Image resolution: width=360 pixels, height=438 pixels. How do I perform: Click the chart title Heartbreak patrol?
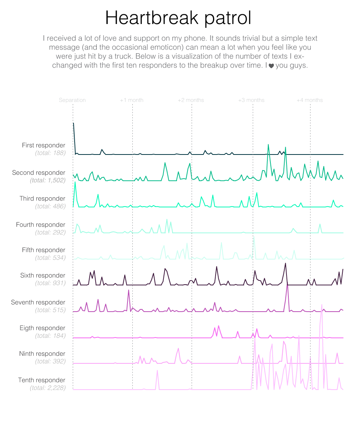point(178,18)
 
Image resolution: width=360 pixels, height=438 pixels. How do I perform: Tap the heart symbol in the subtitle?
point(271,66)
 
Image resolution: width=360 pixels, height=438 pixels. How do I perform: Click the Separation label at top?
point(72,100)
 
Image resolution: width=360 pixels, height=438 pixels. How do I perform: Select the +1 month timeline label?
point(132,100)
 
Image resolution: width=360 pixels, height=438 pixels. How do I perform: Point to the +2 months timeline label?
point(191,100)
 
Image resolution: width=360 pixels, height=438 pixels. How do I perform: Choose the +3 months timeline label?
point(251,100)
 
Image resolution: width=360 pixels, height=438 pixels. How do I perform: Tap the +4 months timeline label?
point(310,100)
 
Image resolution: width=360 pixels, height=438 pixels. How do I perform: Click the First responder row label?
point(43,145)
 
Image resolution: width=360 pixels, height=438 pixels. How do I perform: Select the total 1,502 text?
point(48,180)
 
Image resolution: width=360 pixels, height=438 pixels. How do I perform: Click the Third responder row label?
point(42,198)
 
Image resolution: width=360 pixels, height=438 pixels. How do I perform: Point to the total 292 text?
point(50,232)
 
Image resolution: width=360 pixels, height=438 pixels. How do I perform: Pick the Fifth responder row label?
point(43,250)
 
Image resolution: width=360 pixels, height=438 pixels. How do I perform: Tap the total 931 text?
point(50,283)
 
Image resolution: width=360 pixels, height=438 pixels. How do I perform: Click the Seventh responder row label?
point(38,302)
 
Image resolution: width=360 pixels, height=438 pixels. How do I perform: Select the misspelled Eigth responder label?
point(42,328)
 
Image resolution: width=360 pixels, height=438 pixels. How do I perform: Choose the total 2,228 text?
point(48,388)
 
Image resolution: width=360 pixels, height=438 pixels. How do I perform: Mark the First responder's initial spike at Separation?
point(73,123)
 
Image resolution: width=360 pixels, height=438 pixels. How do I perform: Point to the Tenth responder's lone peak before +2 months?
point(157,370)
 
